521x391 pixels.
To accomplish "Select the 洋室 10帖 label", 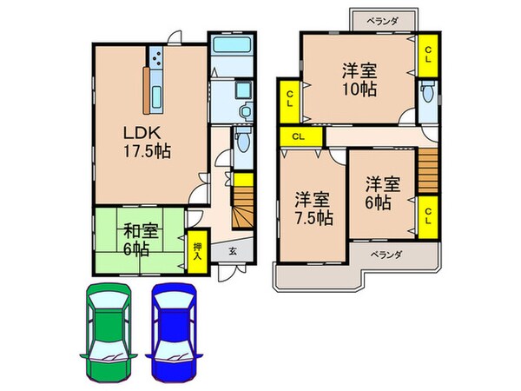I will pyautogui.click(x=358, y=80).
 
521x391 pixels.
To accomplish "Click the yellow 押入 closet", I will pyautogui.click(x=197, y=253).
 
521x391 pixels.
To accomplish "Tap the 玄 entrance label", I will pyautogui.click(x=234, y=251).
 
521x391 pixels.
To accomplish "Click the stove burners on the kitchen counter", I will pyautogui.click(x=158, y=59).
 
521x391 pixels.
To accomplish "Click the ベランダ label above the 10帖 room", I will pyautogui.click(x=381, y=18).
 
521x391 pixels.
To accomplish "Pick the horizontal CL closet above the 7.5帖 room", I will pyautogui.click(x=298, y=136).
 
